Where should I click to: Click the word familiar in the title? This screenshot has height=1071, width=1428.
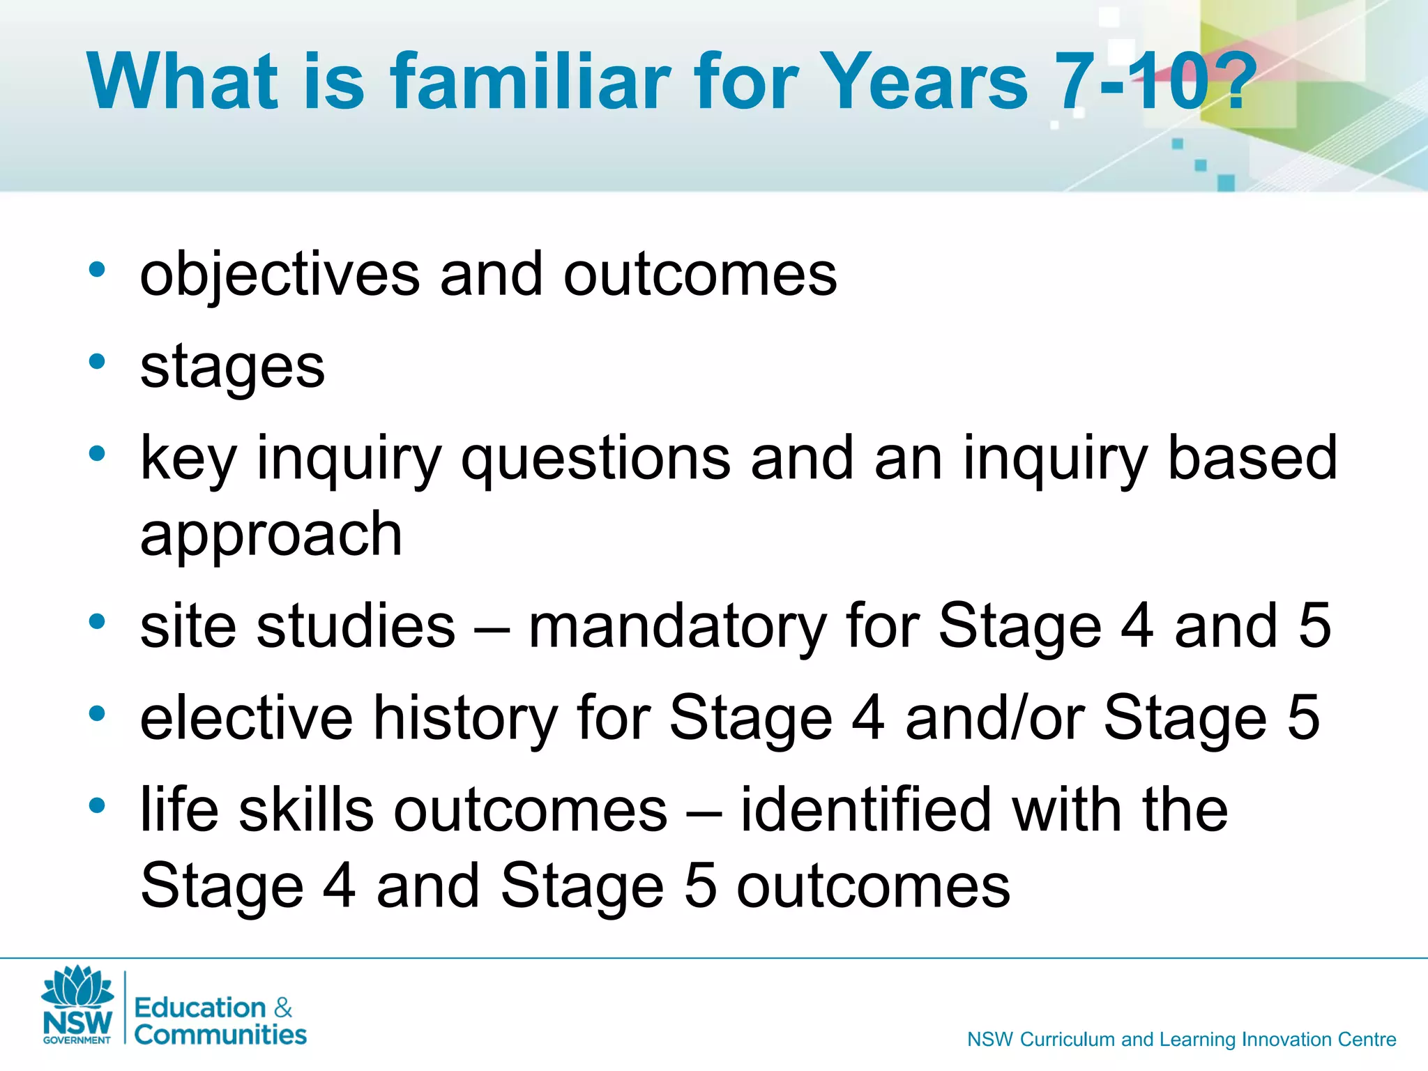point(530,82)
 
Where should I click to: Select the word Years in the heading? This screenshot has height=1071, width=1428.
point(922,82)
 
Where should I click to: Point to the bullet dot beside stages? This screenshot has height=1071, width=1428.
point(97,361)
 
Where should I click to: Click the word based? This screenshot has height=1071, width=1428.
point(1252,458)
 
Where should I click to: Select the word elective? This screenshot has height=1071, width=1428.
point(246,718)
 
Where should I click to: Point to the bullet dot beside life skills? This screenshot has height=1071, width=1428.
point(97,806)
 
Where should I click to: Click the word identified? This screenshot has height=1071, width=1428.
point(866,810)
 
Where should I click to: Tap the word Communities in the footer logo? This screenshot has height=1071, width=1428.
point(220,1035)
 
